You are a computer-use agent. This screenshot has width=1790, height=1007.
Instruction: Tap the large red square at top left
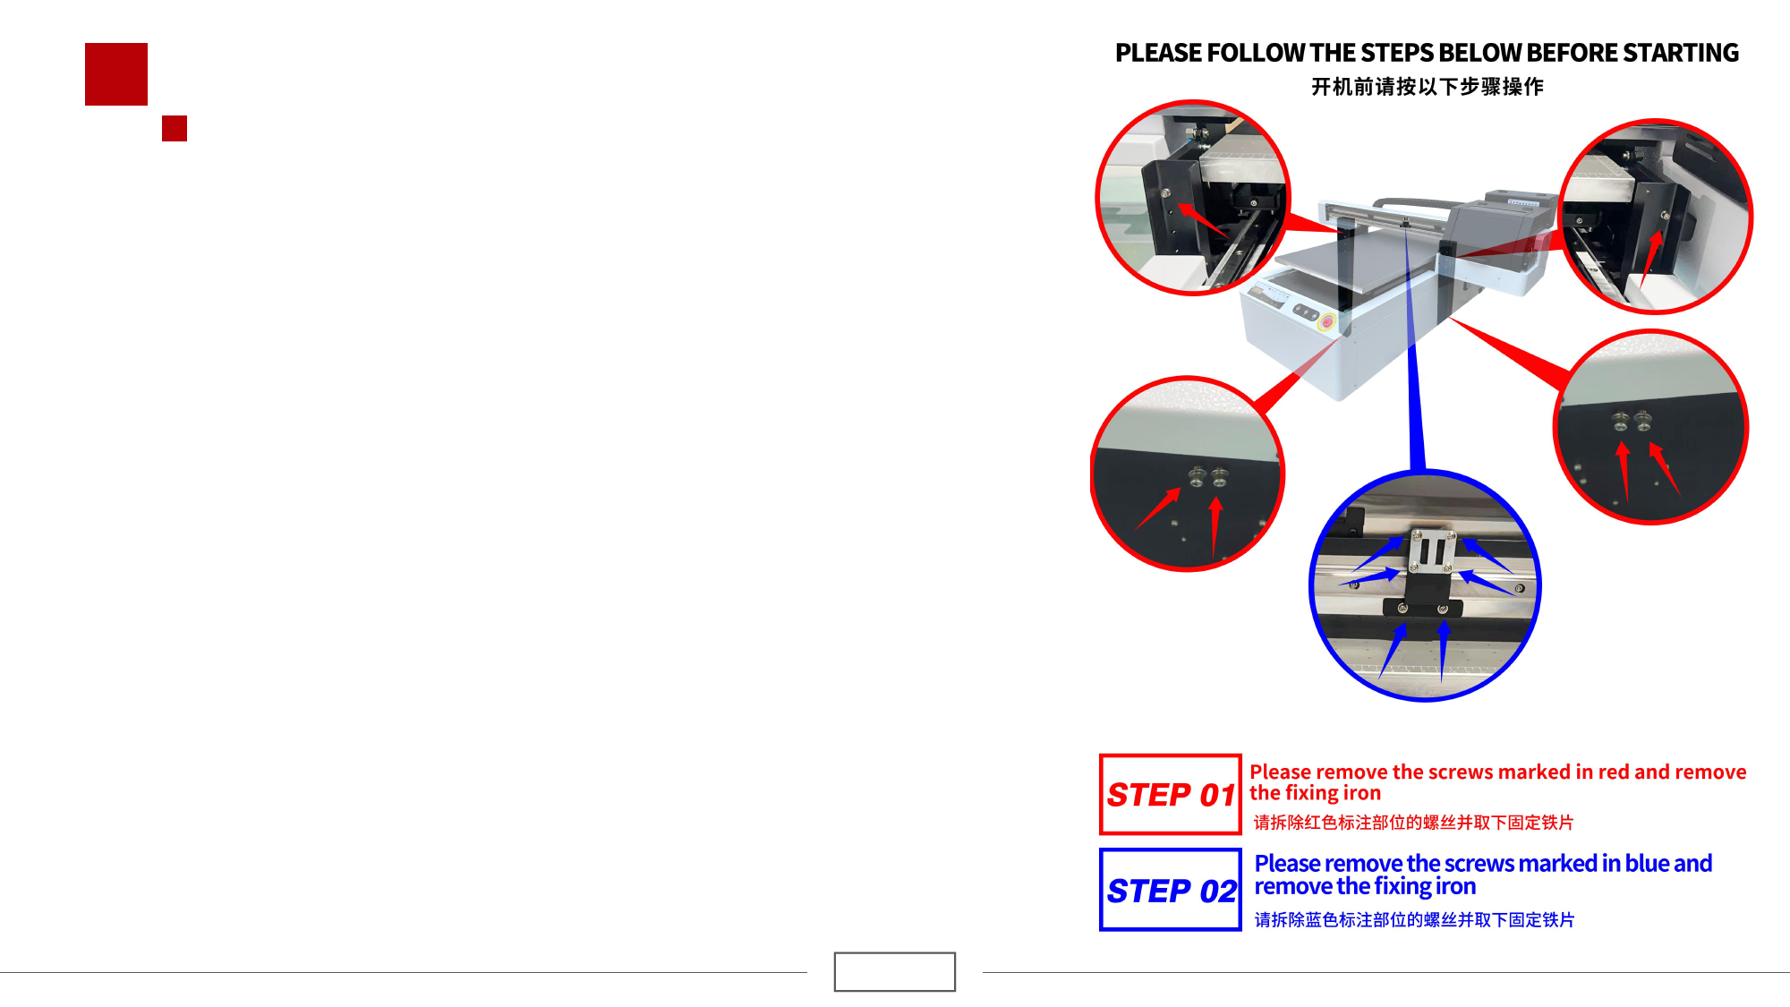point(116,74)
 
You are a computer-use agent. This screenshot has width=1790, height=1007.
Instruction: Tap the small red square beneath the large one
point(175,128)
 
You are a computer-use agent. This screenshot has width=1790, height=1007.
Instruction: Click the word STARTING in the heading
point(1680,53)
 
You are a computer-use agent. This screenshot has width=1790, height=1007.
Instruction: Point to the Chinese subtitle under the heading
point(1428,87)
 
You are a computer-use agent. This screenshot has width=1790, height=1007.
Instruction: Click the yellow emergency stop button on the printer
point(1326,322)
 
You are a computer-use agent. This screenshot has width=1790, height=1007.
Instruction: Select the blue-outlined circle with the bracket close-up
point(1313,586)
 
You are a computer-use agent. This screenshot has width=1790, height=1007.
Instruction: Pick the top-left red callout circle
point(1100,197)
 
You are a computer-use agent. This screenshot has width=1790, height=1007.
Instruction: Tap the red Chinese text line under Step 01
point(1413,823)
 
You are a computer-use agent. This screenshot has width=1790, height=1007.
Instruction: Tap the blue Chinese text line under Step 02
point(1414,920)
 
